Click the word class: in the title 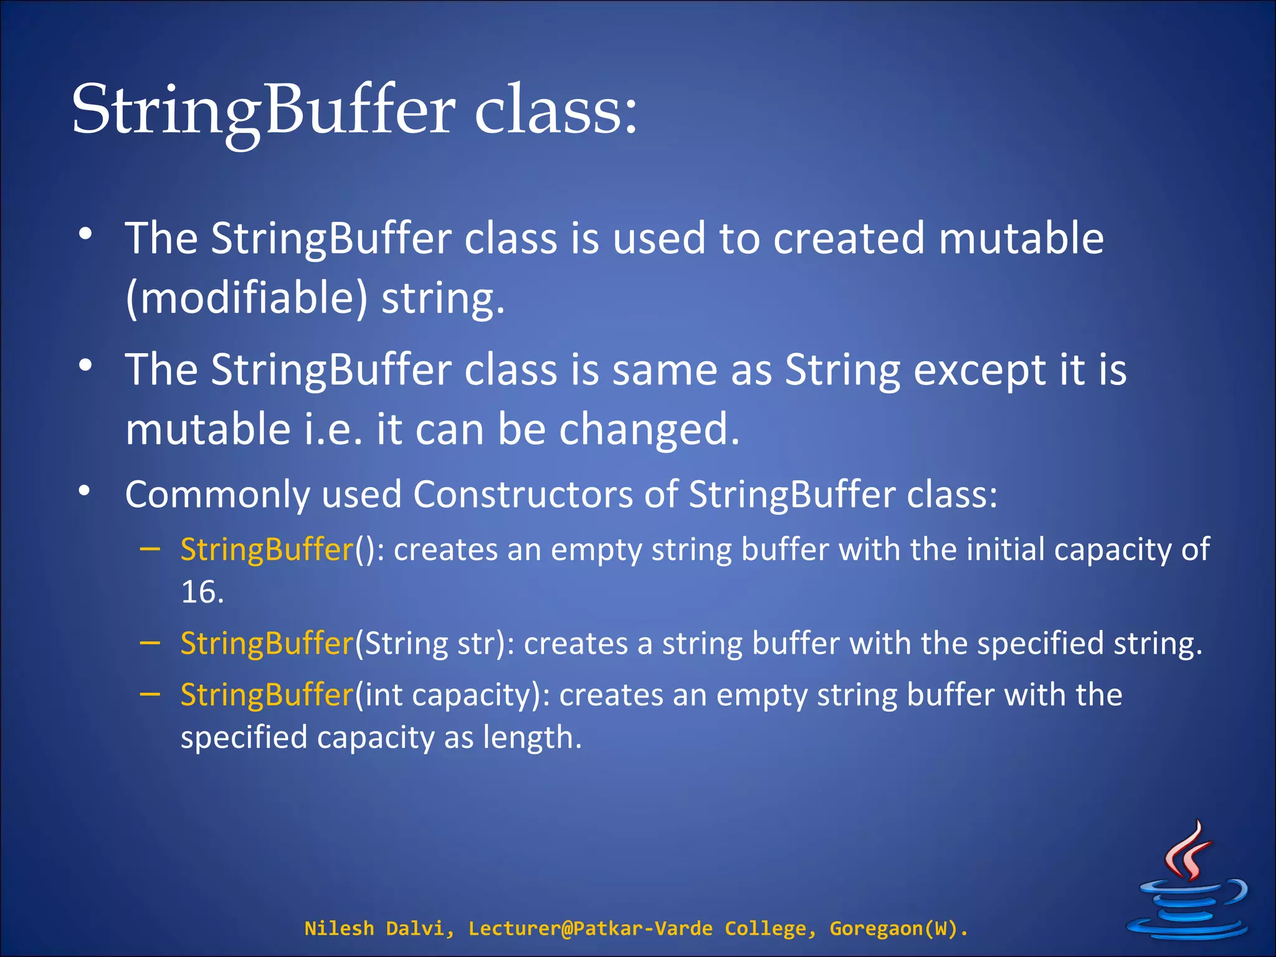tap(556, 111)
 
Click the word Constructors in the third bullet tap(523, 495)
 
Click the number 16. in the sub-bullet tap(202, 592)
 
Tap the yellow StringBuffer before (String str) tap(267, 644)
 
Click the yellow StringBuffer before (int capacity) tap(267, 695)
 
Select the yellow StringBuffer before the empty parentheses tap(267, 550)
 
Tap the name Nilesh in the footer tap(338, 928)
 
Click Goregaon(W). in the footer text tap(898, 928)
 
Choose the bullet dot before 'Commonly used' tap(85, 491)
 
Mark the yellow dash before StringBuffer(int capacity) tap(150, 693)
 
